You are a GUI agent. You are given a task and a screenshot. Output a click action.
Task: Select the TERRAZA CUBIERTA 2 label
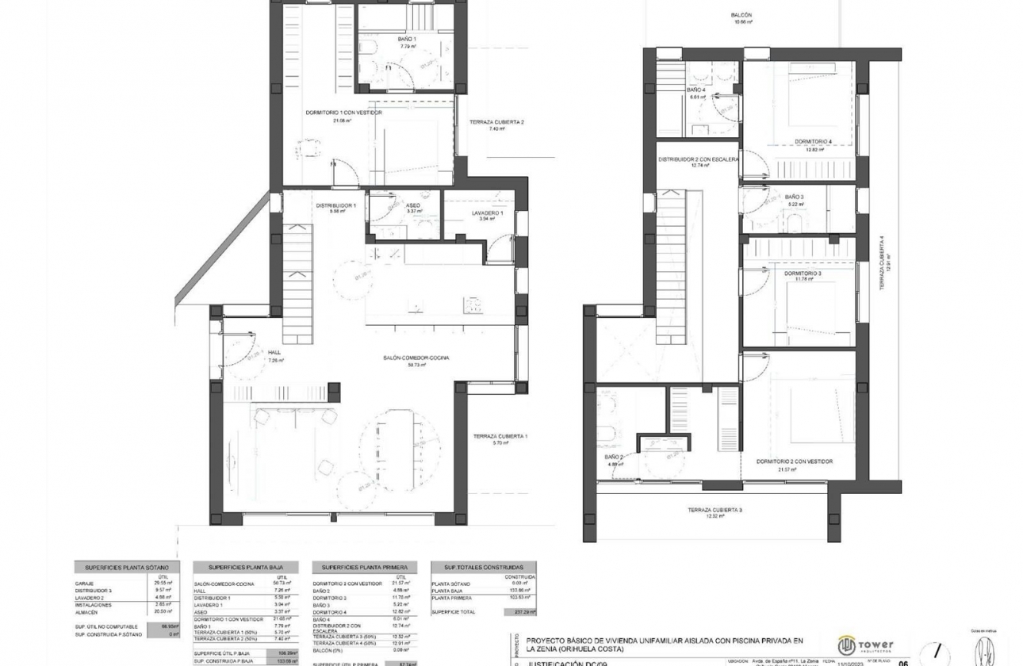click(x=496, y=122)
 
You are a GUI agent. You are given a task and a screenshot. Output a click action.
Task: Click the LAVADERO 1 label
click(x=487, y=213)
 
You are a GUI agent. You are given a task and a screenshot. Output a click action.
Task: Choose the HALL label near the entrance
click(x=274, y=353)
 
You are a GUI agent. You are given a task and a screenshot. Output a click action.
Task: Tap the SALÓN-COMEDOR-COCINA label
click(x=416, y=358)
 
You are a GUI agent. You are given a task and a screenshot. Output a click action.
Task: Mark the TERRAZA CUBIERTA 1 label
click(x=500, y=437)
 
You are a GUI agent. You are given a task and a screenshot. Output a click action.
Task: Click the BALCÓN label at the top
click(x=741, y=16)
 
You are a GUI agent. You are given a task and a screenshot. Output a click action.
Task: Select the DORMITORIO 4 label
click(x=813, y=142)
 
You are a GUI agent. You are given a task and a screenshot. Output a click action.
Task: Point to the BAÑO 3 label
click(x=795, y=197)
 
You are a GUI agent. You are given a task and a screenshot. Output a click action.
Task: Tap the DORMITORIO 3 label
click(x=803, y=274)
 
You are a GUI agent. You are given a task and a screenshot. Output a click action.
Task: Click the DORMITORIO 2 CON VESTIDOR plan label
click(x=794, y=461)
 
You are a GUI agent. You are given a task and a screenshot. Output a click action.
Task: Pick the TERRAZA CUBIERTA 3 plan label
click(x=715, y=510)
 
